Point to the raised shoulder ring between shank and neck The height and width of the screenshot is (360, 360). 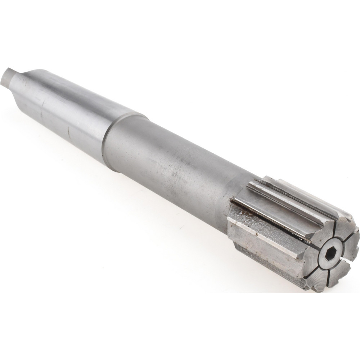(x=108, y=144)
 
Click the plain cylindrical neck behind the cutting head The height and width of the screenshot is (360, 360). (x=173, y=169)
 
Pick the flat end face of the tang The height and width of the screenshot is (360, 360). (x=4, y=76)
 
